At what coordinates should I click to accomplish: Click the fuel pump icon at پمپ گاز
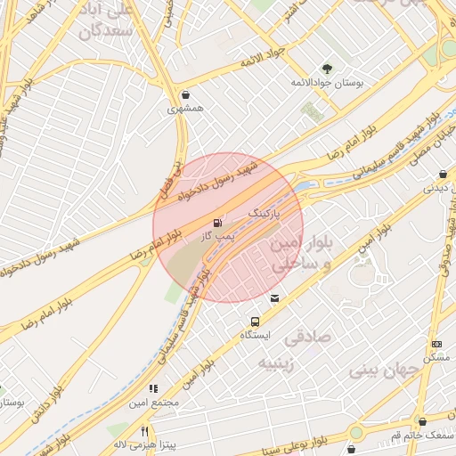[x=218, y=222]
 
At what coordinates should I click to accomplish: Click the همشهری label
[x=185, y=109]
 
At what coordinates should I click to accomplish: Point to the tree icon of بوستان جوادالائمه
[x=327, y=68]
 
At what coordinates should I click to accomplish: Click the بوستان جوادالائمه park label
[x=328, y=82]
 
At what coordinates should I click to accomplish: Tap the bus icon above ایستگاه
[x=256, y=322]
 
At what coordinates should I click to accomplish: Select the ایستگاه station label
[x=256, y=336]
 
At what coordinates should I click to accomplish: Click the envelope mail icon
[x=273, y=297]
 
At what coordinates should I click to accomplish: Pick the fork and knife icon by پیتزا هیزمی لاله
[x=144, y=431]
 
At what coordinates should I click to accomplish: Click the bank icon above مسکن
[x=436, y=344]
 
